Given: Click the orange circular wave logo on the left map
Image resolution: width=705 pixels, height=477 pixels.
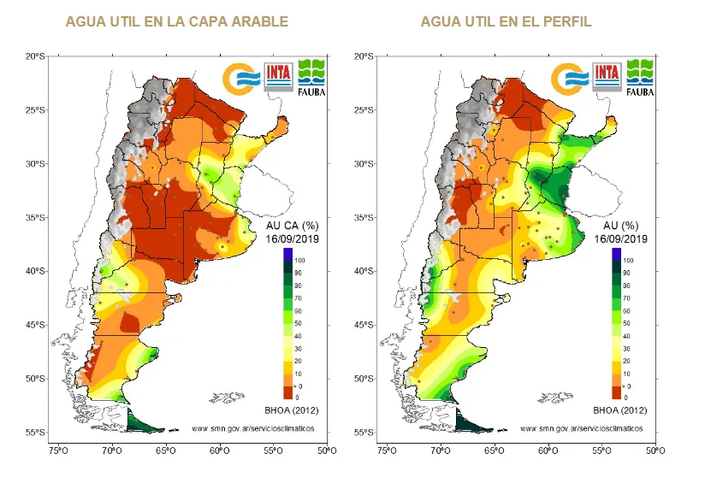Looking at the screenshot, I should pyautogui.click(x=240, y=77).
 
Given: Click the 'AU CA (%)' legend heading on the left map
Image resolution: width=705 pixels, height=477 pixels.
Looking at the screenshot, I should pyautogui.click(x=293, y=227).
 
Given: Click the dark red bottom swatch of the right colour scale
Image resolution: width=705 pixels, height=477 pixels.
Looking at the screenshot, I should pyautogui.click(x=616, y=393).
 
